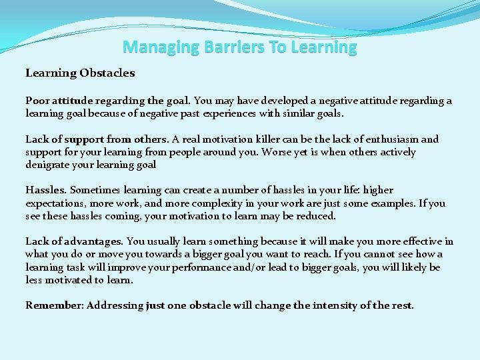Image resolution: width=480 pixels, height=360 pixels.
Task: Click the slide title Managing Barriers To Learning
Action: coord(240,47)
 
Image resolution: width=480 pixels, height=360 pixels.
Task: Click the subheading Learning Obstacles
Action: coord(80,73)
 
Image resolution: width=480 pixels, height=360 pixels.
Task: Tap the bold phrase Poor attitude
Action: coord(59,101)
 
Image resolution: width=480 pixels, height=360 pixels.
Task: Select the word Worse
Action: coord(278,152)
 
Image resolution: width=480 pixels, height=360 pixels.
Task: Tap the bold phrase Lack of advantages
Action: coord(74,241)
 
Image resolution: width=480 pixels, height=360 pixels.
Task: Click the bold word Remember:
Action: coord(53,305)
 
